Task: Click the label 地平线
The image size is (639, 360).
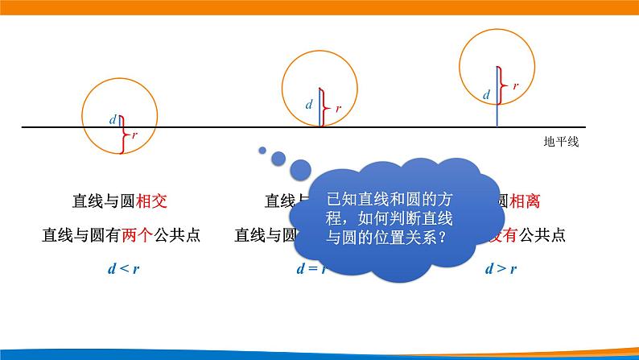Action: tap(561, 141)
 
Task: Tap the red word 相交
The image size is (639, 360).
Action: tap(152, 201)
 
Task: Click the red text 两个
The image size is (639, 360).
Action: tap(134, 235)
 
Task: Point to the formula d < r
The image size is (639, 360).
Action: tap(122, 269)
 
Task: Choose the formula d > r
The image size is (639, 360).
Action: tap(501, 269)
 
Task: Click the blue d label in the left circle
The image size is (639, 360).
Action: tap(113, 120)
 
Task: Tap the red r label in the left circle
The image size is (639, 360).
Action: tap(134, 136)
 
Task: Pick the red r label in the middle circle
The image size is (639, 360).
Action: tap(338, 108)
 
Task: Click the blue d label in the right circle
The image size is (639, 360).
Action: tap(486, 94)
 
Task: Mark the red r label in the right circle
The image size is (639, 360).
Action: tap(515, 85)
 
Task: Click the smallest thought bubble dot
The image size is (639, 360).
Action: tap(262, 149)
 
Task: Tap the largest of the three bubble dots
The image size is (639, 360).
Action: tap(300, 169)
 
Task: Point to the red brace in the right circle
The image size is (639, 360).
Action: tap(503, 84)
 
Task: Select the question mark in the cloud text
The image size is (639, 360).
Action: tap(444, 238)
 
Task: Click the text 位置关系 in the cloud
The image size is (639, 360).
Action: tap(407, 238)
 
